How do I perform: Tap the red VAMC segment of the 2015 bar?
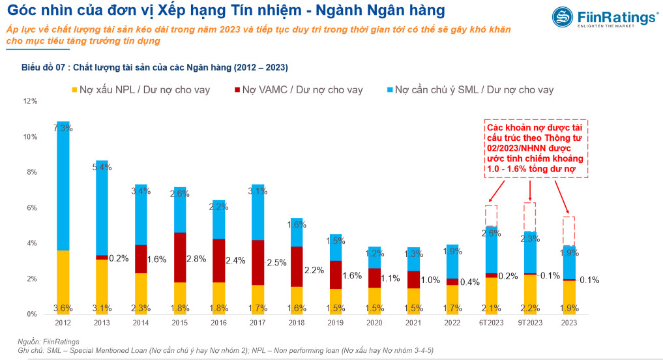pyautogui.click(x=179, y=257)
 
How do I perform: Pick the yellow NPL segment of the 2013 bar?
pyautogui.click(x=102, y=287)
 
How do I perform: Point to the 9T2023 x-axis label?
pyautogui.click(x=529, y=322)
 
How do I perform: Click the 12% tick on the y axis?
pyautogui.click(x=30, y=102)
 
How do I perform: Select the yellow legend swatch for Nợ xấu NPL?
pyautogui.click(x=75, y=89)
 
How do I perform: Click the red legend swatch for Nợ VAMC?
pyautogui.click(x=236, y=89)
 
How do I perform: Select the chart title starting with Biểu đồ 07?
pyautogui.click(x=155, y=67)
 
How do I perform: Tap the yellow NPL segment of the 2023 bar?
pyautogui.click(x=568, y=297)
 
